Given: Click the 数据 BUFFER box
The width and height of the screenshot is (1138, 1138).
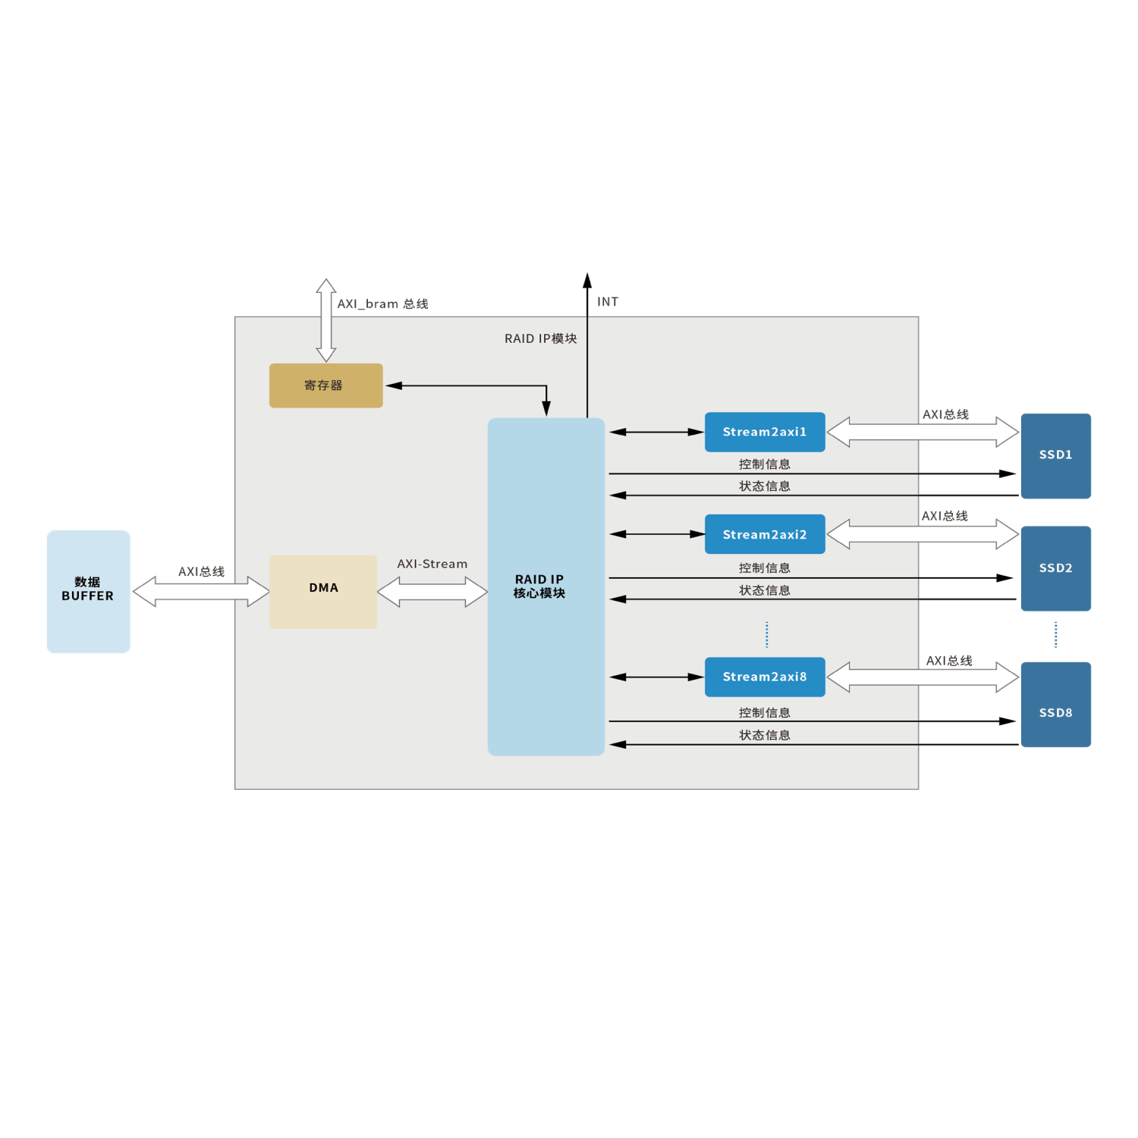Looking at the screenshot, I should [x=88, y=591].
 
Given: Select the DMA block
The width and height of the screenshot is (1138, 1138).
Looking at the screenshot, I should [x=323, y=591].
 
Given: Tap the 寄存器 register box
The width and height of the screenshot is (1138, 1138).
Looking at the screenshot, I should [x=325, y=385].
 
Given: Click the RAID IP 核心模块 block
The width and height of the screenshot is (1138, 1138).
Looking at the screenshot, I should [x=545, y=586].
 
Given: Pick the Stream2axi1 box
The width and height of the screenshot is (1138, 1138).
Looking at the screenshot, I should [x=765, y=432].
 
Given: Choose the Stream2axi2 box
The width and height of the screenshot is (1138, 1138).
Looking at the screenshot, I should [x=765, y=535].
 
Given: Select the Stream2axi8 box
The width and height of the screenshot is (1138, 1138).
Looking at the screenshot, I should [x=765, y=677].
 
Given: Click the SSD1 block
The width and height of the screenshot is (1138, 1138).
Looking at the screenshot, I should [x=1055, y=456].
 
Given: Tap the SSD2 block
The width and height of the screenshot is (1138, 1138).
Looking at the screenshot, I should [x=1055, y=568].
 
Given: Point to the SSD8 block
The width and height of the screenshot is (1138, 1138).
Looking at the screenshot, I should [x=1055, y=704].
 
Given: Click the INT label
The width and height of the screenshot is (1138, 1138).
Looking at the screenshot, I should [x=608, y=302].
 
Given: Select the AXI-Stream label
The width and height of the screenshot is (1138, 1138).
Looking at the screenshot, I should [x=432, y=564].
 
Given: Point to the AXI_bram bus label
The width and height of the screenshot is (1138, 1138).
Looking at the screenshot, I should [x=382, y=304].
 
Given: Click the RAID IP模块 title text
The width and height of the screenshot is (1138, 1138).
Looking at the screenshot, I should [x=541, y=338].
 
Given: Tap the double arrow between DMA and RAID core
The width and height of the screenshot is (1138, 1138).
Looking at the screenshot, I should [x=432, y=592].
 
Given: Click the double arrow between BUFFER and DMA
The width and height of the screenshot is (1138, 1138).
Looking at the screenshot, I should [x=201, y=592].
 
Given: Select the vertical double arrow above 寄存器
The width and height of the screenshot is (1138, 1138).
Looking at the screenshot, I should [x=326, y=320].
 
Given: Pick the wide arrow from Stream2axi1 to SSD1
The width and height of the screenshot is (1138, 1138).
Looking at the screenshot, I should [x=923, y=432].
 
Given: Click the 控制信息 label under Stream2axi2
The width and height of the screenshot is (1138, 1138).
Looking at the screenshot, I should [x=765, y=567].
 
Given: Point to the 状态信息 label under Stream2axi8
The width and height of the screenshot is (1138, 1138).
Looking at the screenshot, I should [x=765, y=735].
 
